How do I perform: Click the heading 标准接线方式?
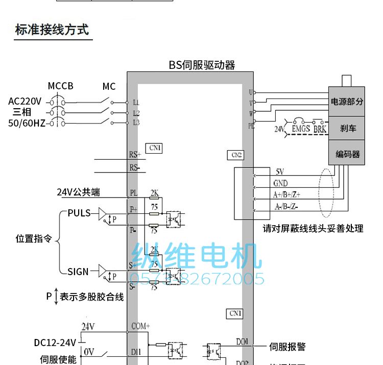52,29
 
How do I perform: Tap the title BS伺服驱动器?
202,65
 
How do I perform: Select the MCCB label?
60,86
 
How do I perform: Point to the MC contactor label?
109,87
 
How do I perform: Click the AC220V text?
25,101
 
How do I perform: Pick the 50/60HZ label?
27,123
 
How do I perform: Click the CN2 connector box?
236,155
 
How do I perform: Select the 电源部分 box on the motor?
347,102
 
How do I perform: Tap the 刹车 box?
348,128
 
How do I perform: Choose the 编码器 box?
348,154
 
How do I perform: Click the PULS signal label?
79,213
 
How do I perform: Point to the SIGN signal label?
78,272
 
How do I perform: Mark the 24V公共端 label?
78,192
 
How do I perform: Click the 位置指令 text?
34,238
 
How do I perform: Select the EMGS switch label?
301,129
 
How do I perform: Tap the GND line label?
280,183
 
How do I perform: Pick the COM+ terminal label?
140,326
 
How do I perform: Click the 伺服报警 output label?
288,347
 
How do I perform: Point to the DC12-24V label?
55,342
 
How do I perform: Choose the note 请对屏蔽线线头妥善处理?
313,229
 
